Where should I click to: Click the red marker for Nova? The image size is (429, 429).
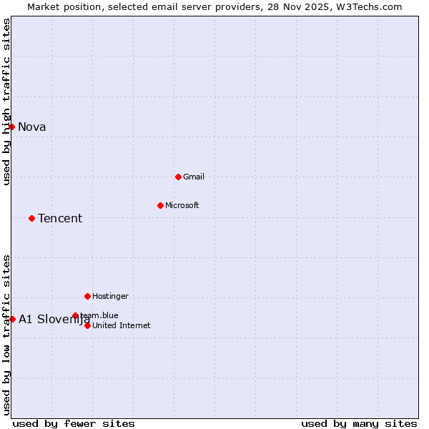point(11,127)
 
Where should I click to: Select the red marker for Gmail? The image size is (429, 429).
point(178,177)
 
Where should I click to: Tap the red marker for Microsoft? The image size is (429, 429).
point(160,205)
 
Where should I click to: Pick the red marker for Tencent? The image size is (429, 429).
point(31,218)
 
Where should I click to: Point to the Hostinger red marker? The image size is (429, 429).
point(87,296)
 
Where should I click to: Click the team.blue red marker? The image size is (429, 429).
point(75,315)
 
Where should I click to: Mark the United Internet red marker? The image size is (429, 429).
point(87,325)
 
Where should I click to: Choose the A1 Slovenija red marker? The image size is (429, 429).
point(12,319)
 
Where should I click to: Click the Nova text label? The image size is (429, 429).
point(32,127)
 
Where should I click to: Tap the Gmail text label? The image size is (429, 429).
point(194,177)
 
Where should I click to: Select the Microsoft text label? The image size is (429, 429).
point(182,206)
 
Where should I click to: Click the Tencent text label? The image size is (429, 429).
point(60,219)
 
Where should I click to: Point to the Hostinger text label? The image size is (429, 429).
point(110,297)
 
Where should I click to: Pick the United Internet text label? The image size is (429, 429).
point(122,326)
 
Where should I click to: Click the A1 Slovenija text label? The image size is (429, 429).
point(54,320)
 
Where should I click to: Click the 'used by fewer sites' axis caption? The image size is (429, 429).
point(74,424)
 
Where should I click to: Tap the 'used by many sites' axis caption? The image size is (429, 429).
point(359,424)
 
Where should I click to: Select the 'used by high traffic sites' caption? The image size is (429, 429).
point(7,102)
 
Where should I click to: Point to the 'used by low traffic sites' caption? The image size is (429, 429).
point(7,335)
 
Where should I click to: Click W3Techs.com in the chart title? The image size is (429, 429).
point(370,7)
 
